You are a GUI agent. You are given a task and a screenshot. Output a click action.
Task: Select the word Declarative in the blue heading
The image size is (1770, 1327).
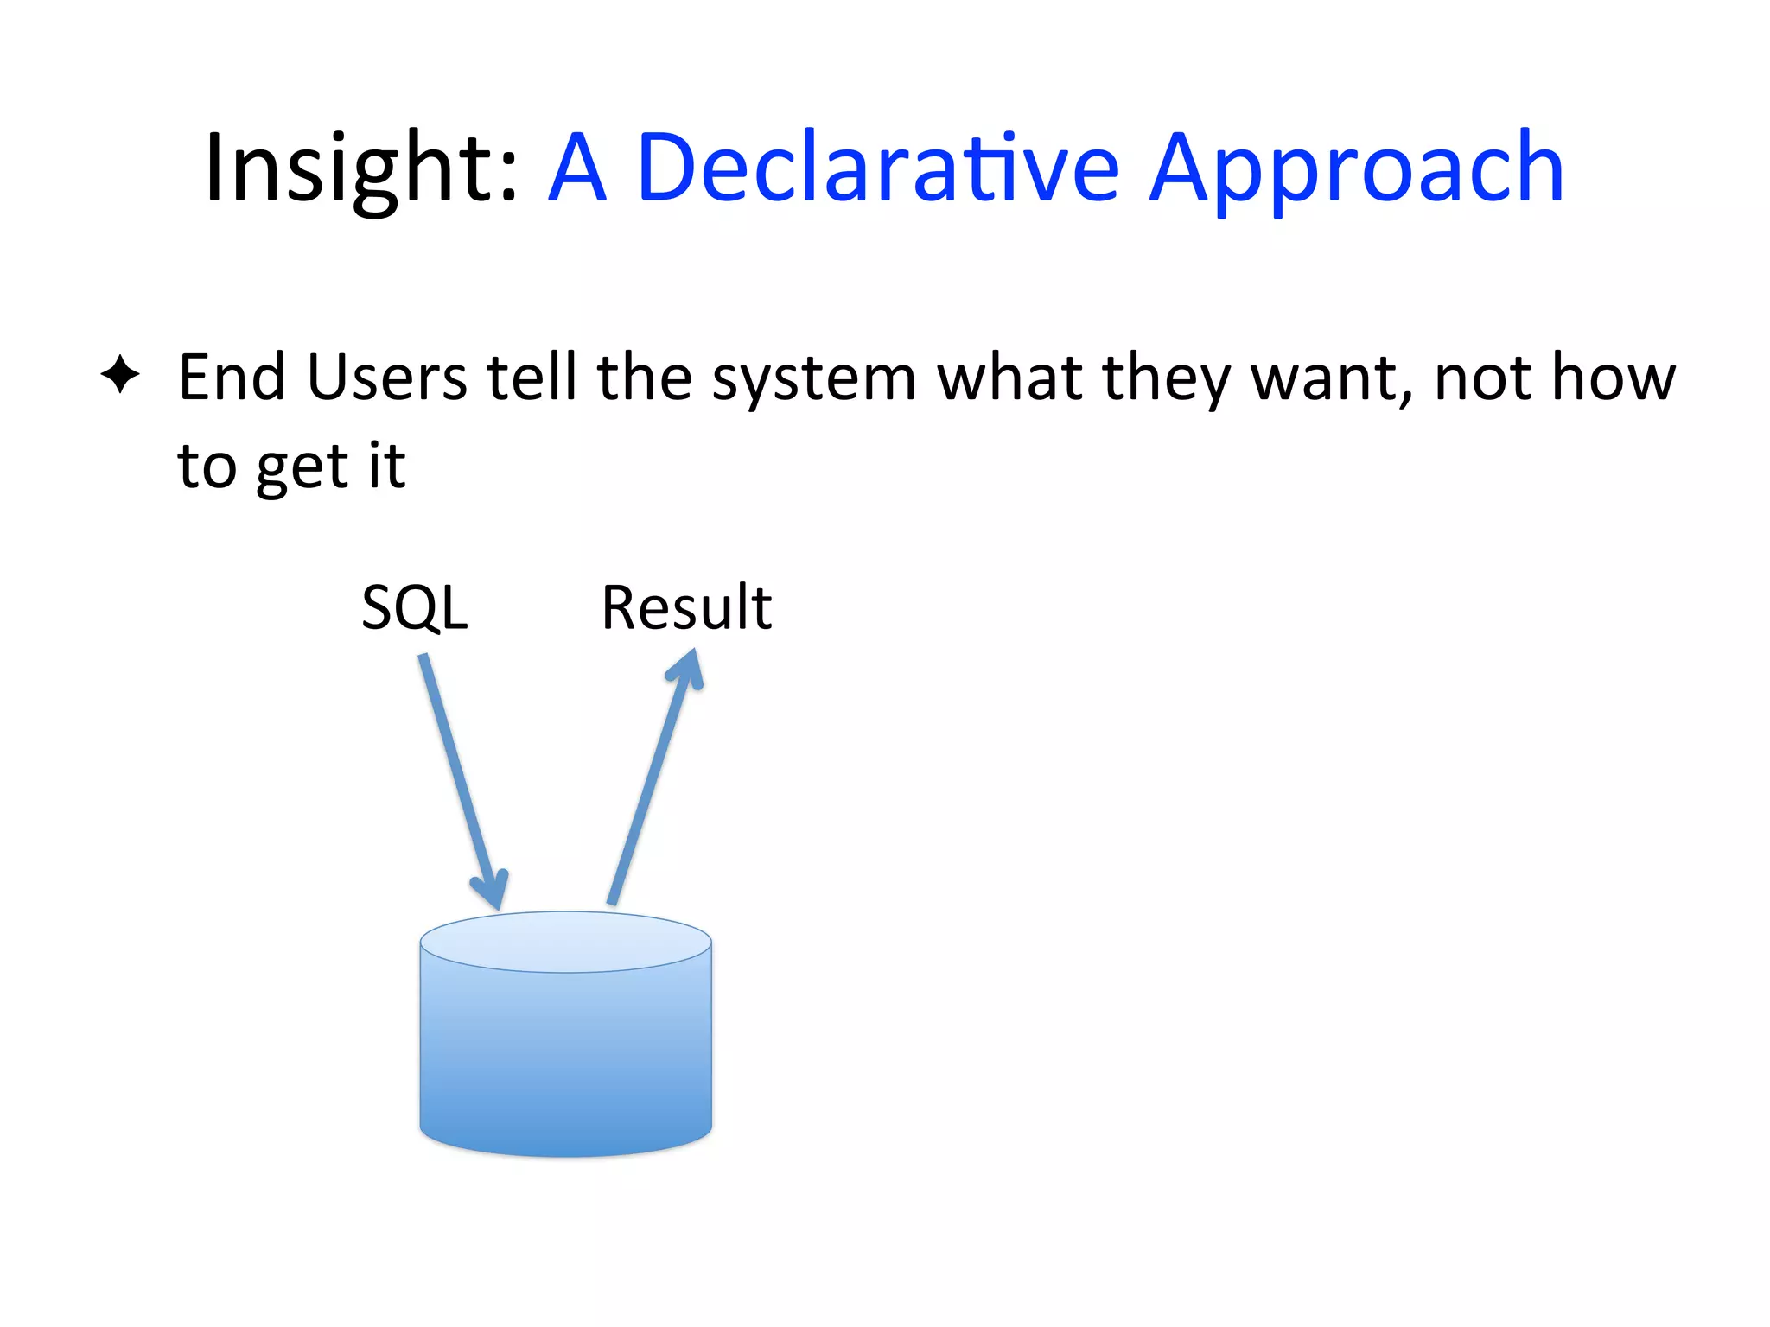877,168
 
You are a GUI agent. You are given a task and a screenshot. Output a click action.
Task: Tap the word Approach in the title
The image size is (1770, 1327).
1357,168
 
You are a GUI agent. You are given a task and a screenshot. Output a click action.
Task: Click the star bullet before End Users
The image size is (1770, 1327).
120,375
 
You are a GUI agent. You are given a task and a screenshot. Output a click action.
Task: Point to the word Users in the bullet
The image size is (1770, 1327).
386,378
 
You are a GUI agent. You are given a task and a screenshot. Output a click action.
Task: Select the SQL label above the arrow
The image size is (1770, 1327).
415,608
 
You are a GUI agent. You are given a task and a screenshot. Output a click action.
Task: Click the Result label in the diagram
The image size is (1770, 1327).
686,608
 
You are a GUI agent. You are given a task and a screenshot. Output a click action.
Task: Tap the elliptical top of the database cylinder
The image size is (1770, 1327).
566,942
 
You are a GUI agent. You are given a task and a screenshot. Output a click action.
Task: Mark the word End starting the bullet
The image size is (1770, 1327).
231,378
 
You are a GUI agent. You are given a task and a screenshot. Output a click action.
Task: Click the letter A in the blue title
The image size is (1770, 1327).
576,168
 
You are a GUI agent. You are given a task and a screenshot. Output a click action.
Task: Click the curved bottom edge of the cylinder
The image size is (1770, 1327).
566,1152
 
